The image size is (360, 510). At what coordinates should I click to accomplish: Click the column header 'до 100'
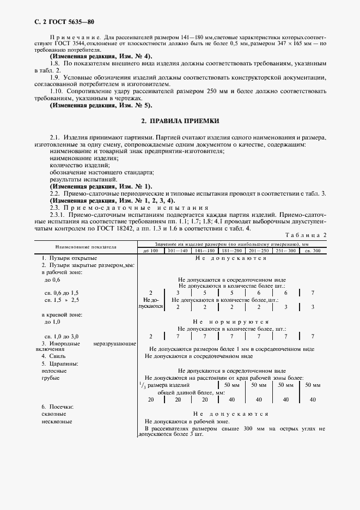click(151, 251)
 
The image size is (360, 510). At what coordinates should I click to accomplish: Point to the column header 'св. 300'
click(313, 251)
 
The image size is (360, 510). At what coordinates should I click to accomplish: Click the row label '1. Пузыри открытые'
click(70, 258)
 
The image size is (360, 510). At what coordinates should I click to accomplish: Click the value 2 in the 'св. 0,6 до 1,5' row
click(151, 293)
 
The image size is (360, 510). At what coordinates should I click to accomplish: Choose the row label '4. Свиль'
click(53, 356)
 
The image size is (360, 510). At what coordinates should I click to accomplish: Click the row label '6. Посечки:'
click(59, 407)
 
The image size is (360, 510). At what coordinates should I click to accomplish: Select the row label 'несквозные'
click(57, 421)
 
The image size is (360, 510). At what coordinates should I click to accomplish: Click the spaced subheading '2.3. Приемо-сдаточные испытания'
click(129, 208)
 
